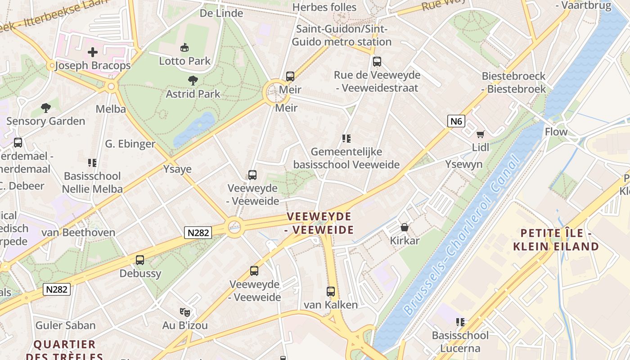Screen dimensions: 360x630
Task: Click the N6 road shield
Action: pos(456,121)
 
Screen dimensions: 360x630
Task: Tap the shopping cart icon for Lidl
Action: pos(481,134)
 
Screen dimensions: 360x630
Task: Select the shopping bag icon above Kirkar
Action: pos(404,227)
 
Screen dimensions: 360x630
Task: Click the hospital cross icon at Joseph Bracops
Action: pos(93,52)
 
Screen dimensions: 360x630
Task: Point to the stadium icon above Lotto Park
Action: pos(184,47)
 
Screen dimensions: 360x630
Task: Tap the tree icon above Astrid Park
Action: pos(193,81)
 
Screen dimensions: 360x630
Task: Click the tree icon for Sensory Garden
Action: pos(45,108)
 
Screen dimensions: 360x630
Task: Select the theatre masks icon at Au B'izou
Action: pos(184,311)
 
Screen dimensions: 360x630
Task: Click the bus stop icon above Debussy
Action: pos(140,260)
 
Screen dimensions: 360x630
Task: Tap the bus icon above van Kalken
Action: pos(331,291)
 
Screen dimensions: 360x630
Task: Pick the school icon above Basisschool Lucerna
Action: pos(460,322)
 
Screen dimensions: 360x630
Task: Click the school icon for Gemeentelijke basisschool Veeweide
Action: pos(346,138)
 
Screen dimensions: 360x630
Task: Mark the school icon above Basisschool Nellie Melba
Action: pos(92,162)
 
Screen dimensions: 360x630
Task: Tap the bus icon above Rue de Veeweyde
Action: pos(377,62)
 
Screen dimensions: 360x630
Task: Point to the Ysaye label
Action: pos(177,169)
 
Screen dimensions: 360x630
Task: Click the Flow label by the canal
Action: pos(556,132)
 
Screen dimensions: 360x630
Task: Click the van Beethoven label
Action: pos(78,233)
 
